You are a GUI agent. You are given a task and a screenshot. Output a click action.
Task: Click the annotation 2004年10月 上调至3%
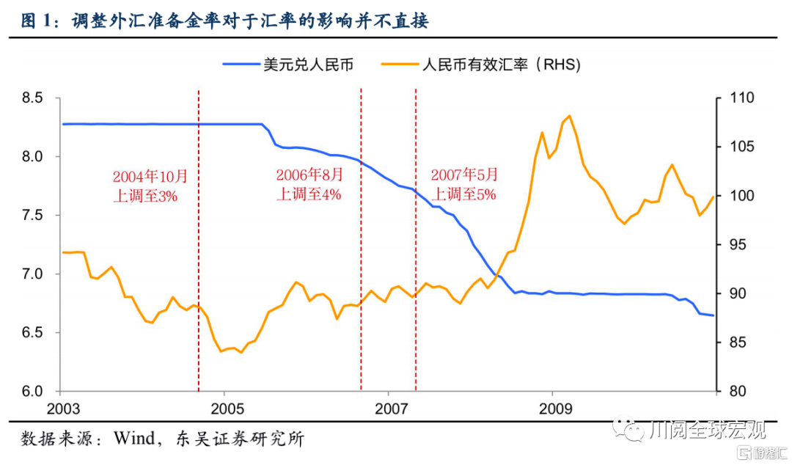[150, 186]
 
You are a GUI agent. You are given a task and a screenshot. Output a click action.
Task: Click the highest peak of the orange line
[570, 116]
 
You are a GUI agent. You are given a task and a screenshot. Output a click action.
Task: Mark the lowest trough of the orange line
[220, 352]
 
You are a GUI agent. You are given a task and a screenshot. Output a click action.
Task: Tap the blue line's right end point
[714, 316]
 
